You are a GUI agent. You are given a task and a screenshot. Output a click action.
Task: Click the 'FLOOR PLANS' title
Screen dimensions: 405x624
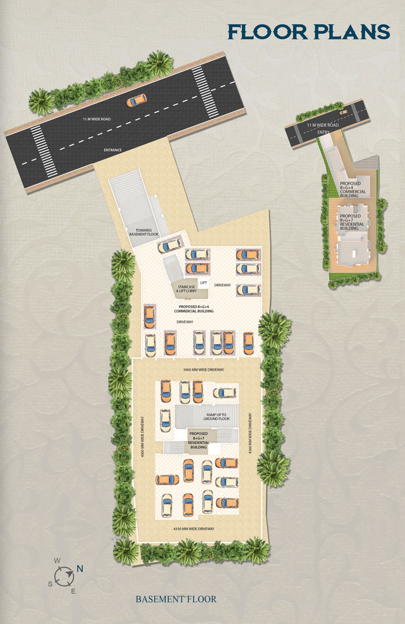[x=309, y=32]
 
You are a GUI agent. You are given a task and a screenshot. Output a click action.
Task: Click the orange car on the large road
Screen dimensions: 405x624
[x=136, y=101]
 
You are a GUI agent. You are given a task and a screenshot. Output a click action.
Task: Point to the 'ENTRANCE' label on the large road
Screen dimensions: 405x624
[x=113, y=150]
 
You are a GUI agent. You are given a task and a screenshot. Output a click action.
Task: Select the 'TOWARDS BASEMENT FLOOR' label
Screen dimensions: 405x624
[x=144, y=232]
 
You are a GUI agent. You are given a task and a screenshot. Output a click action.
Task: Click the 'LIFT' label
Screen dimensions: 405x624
[x=204, y=283]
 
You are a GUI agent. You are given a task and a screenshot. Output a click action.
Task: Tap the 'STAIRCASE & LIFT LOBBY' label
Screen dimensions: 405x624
[x=187, y=289]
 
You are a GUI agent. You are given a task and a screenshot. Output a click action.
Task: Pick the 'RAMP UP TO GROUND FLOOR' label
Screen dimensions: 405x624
[x=216, y=417]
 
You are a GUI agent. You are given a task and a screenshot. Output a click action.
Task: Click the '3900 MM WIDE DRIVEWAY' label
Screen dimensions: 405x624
[x=204, y=370]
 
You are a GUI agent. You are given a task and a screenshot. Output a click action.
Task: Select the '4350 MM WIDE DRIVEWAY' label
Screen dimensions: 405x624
[x=194, y=529]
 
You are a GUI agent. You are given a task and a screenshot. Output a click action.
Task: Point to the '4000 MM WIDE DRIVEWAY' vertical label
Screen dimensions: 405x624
[x=142, y=437]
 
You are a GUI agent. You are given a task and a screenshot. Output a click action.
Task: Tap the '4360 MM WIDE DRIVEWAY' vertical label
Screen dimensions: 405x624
[x=250, y=433]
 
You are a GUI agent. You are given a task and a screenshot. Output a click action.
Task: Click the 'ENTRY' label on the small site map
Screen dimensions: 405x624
[x=323, y=132]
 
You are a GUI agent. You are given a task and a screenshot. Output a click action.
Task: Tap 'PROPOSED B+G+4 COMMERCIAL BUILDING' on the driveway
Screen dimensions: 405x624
[x=194, y=309]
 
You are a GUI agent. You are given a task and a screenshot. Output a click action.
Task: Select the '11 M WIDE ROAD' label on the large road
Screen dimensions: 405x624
[x=96, y=119]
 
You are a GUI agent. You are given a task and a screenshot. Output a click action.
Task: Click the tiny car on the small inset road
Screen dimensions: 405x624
[x=343, y=112]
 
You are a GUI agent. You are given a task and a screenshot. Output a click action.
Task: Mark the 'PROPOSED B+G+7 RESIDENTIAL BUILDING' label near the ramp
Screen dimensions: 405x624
[x=198, y=441]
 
